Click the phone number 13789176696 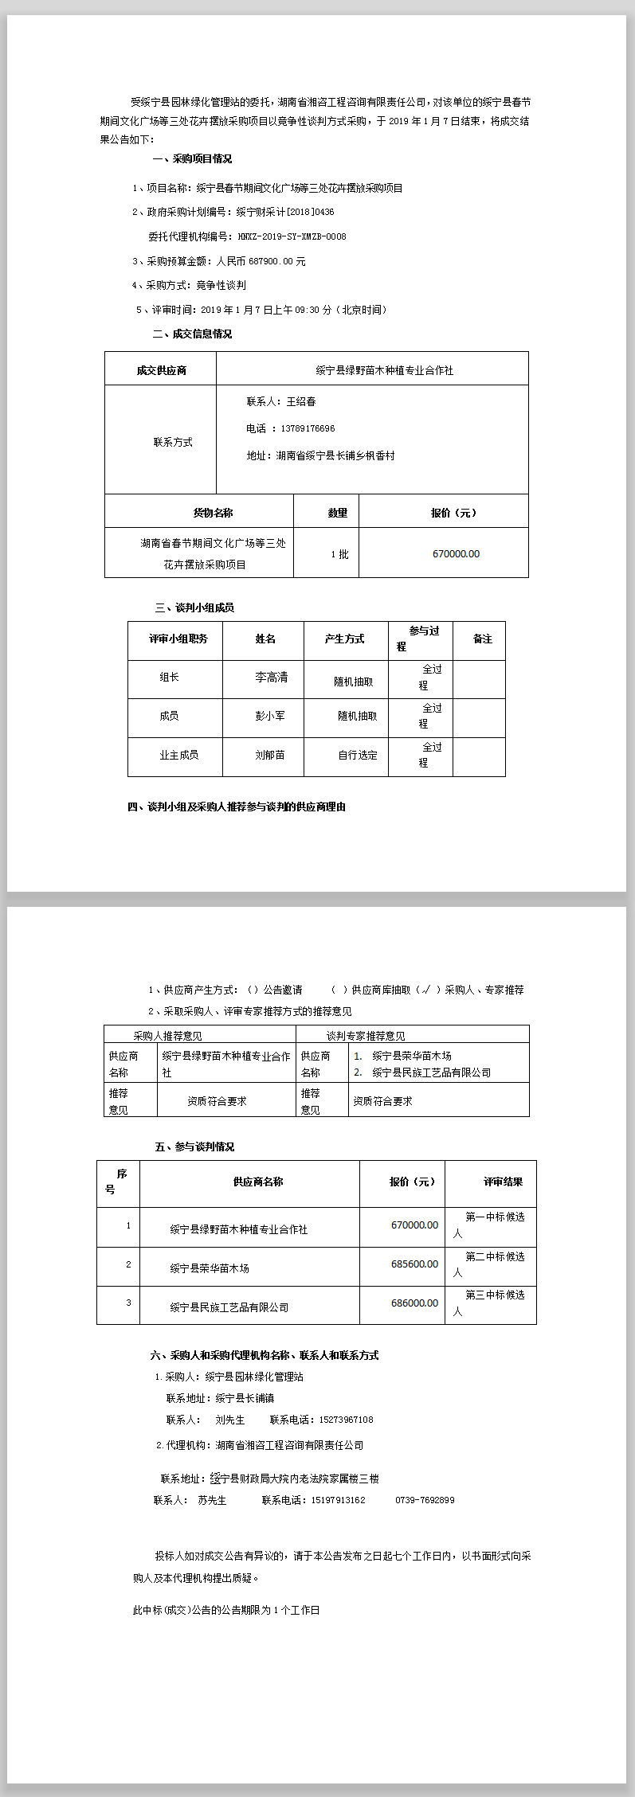point(308,428)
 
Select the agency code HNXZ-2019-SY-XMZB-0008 point(292,236)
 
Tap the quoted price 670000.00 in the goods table point(456,553)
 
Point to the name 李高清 point(271,678)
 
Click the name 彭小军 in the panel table point(269,716)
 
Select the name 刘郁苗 point(269,755)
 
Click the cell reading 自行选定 point(357,755)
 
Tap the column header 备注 point(482,639)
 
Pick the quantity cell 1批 point(339,554)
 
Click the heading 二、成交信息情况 point(192,334)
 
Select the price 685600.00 point(414,1264)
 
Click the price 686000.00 point(414,1303)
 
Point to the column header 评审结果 point(503,1182)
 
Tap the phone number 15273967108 point(346,1420)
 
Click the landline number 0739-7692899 point(425,1500)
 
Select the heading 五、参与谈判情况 point(194,1147)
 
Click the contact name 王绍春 point(301,401)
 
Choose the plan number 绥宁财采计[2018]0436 point(285,213)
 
